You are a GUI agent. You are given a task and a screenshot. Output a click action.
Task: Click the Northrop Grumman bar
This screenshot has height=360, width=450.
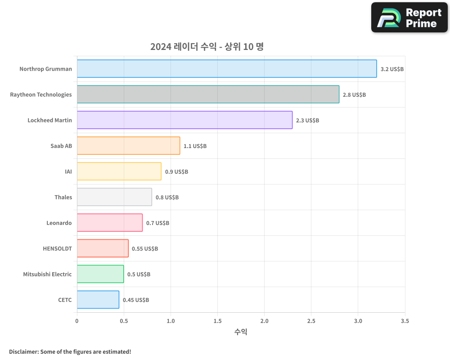pos(227,69)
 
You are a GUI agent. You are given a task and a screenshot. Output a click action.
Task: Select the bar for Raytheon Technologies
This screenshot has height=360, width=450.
pos(208,94)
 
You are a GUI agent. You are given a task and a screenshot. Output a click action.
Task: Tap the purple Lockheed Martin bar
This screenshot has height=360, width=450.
pos(184,120)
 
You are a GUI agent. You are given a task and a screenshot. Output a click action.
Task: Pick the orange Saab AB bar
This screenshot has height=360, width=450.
pos(128,146)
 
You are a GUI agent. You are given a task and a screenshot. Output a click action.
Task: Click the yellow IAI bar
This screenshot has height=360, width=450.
pos(119,171)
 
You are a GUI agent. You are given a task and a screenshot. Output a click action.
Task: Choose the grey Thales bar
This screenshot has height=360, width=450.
pos(114,197)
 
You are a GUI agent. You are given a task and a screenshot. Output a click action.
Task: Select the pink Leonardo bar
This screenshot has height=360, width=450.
pos(110,223)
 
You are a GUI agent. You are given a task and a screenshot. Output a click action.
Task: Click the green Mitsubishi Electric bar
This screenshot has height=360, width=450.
pos(100,274)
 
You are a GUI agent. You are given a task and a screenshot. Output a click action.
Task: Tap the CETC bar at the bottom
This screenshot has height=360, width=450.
pos(98,300)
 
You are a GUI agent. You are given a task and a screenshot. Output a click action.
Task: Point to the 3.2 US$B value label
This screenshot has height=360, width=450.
pos(392,69)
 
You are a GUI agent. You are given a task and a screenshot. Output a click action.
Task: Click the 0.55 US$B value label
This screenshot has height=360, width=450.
pos(145,249)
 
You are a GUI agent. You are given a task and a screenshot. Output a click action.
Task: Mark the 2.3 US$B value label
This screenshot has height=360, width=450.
pos(307,121)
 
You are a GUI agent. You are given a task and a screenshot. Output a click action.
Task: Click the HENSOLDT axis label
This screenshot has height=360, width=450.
pos(57,248)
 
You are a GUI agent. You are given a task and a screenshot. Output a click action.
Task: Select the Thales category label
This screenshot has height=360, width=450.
pos(63,197)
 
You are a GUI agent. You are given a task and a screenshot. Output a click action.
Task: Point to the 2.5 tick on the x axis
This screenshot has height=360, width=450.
pos(311,321)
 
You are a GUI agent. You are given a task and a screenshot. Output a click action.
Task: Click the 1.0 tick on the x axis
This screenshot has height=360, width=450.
pos(171,321)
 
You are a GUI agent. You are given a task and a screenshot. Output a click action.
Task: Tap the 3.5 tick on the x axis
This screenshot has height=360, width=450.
pos(405,321)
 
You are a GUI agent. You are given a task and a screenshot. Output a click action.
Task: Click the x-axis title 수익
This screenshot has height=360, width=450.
pos(241,332)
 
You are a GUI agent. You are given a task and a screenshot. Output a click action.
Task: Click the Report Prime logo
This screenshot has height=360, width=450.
pos(409,18)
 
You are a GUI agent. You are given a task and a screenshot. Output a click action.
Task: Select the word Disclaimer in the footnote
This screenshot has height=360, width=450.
pos(23,351)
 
